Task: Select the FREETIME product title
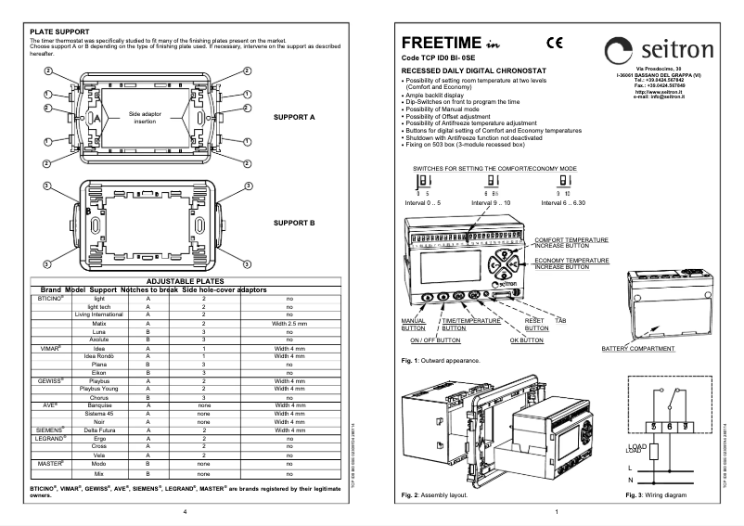click(x=440, y=44)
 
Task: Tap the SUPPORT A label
click(x=294, y=118)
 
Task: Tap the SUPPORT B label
click(x=294, y=224)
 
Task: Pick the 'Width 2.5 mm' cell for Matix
click(x=289, y=323)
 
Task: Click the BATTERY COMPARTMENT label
click(x=638, y=349)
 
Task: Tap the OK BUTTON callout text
click(x=526, y=340)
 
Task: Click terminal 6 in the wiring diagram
click(x=671, y=401)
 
